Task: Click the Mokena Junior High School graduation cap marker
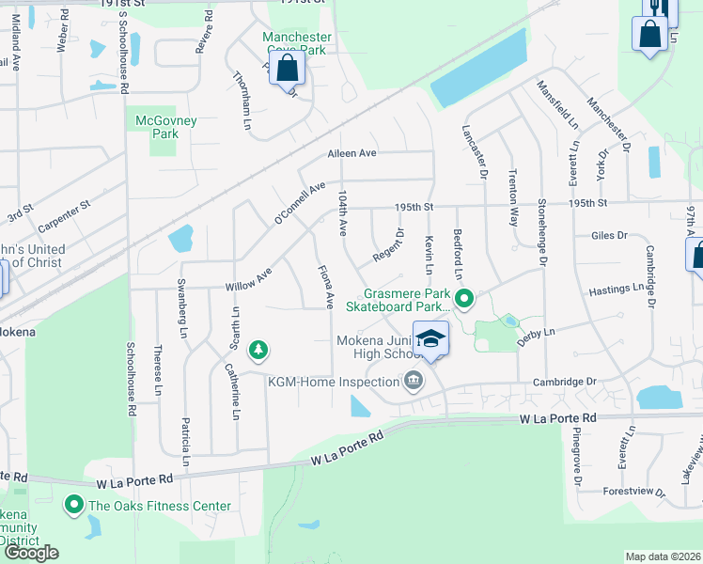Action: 430,339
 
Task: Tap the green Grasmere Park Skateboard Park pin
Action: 463,301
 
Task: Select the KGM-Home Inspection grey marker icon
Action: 413,381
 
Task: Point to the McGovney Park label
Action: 157,127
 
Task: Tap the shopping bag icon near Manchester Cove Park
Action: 288,69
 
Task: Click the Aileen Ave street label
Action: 351,153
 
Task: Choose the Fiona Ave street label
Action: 326,287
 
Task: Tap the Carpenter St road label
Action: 65,216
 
